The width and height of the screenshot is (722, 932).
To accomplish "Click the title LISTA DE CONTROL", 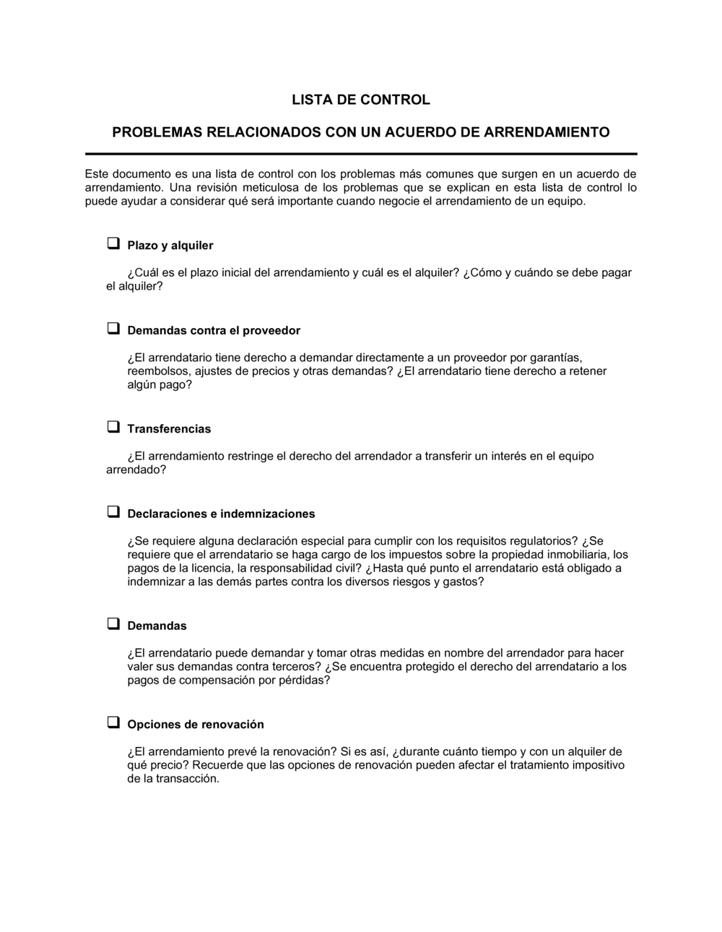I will (360, 100).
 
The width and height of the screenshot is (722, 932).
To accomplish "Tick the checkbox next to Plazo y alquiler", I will (113, 243).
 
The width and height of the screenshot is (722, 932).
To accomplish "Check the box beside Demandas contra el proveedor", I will (113, 329).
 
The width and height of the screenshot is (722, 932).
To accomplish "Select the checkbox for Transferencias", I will (113, 427).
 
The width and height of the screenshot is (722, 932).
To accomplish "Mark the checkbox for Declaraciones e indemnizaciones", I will (113, 512).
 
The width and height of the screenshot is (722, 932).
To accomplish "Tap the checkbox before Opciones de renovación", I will (113, 722).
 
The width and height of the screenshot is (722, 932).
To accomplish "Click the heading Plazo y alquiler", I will (170, 246).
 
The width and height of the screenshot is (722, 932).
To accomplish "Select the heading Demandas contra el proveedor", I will (214, 331).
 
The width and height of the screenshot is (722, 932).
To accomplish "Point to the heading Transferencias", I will (169, 429).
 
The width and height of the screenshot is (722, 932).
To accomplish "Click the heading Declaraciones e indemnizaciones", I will (221, 514).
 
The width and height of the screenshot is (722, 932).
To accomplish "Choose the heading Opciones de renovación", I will (196, 725).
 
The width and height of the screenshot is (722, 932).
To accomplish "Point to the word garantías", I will (556, 358).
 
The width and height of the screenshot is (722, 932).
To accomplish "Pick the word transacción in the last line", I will (186, 780).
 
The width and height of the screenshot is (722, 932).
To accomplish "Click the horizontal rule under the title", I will (361, 154).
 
